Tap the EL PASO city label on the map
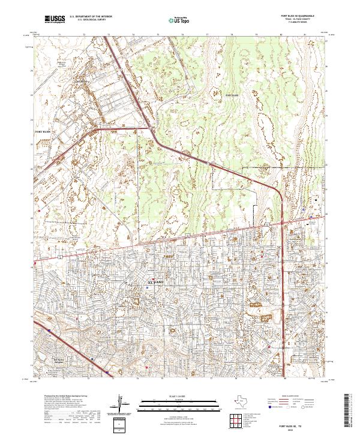[x=155, y=281]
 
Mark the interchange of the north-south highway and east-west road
[x=281, y=223]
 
